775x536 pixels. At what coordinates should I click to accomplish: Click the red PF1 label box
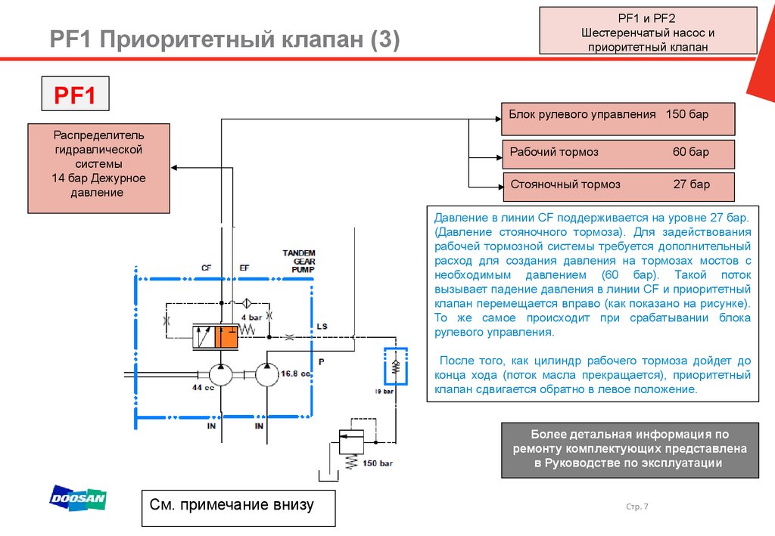tap(75, 94)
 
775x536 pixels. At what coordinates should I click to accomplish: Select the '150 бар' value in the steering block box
tap(687, 114)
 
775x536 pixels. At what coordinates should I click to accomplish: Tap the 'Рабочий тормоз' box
tap(618, 154)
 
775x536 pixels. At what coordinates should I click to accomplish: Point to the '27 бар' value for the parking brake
tap(692, 184)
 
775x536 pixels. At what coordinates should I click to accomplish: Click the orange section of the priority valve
tap(226, 337)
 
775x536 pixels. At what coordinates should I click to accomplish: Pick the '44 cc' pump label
tap(203, 388)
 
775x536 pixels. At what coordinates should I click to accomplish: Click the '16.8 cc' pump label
tap(295, 373)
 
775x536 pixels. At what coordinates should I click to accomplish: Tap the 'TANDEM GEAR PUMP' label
tap(300, 261)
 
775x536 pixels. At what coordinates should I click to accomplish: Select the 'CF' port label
tap(206, 268)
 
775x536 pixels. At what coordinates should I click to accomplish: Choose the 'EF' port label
tap(244, 268)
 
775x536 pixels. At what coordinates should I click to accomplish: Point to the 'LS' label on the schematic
tap(322, 327)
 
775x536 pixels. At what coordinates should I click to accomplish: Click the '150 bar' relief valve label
tap(378, 463)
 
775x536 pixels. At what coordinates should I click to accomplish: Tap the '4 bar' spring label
tap(251, 318)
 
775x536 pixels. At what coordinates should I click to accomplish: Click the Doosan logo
tap(78, 497)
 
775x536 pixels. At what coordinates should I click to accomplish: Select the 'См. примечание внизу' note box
tap(238, 508)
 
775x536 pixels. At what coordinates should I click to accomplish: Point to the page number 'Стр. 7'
tap(637, 507)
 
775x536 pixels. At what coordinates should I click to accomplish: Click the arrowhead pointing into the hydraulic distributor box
tap(174, 168)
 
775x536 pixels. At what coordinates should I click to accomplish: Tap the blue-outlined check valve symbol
tap(395, 366)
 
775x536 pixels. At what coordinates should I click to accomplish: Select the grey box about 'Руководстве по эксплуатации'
tap(630, 450)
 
